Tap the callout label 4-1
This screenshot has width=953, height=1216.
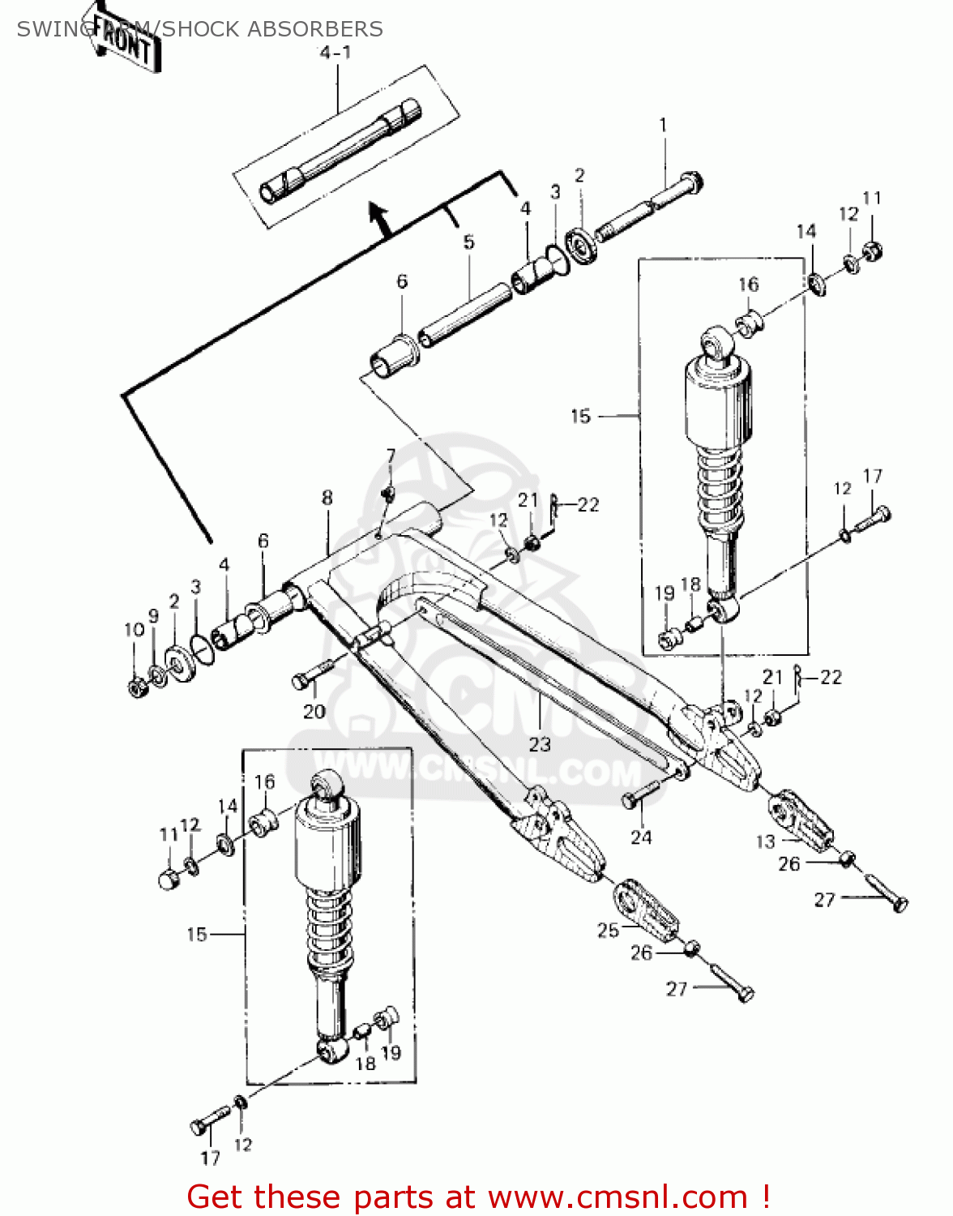(x=334, y=54)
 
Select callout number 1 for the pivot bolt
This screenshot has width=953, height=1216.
(x=663, y=126)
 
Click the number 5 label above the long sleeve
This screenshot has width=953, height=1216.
(x=468, y=242)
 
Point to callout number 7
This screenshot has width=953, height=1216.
(x=391, y=456)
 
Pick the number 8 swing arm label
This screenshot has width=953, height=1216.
(x=327, y=498)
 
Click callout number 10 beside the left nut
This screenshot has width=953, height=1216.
(x=134, y=630)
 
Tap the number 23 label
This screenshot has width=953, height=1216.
(x=540, y=744)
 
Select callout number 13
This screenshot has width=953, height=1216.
(x=765, y=841)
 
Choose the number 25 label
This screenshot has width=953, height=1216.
(x=608, y=931)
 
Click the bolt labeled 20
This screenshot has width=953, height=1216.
(x=312, y=676)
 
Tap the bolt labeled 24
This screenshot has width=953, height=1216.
(x=641, y=794)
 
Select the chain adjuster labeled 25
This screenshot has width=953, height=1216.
(x=645, y=910)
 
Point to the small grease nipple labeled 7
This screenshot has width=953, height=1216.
(x=387, y=492)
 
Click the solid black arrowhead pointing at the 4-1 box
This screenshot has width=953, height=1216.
(x=378, y=215)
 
